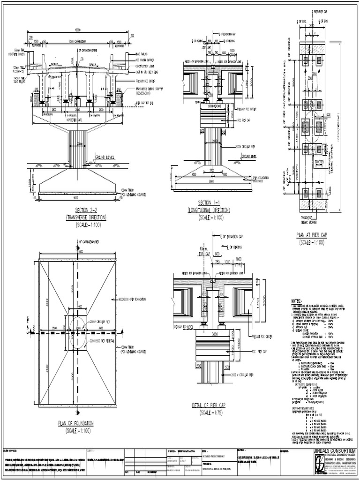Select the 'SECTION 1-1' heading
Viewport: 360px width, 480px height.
pos(212,202)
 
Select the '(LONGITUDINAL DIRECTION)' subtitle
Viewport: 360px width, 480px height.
pos(212,210)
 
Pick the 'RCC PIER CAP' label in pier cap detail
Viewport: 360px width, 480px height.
pos(249,350)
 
